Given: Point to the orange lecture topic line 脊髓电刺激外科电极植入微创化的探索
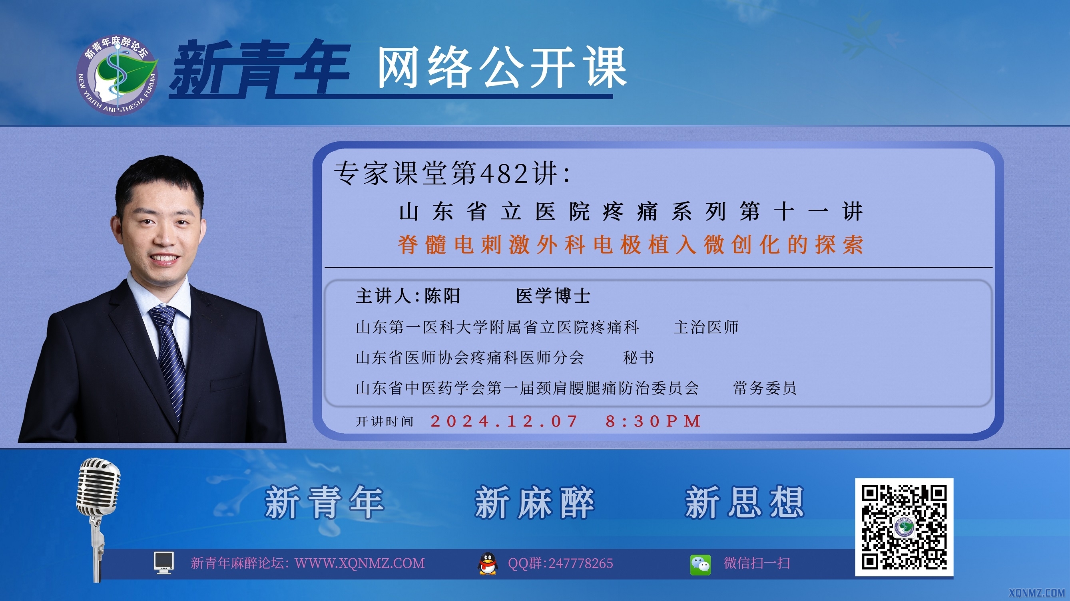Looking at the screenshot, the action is (x=631, y=244).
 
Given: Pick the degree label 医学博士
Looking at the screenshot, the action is (x=553, y=296).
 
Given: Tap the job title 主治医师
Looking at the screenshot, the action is (x=706, y=327).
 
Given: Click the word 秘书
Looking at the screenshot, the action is (x=639, y=357).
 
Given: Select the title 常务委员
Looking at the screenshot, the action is (x=765, y=388).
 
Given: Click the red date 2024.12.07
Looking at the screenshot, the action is (x=504, y=421).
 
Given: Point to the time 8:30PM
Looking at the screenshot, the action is (x=654, y=421).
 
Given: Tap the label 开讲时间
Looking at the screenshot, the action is (x=385, y=422).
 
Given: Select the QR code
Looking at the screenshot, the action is (x=904, y=527).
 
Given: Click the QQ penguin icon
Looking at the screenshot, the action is (x=488, y=563).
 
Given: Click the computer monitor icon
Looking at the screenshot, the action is (x=163, y=563).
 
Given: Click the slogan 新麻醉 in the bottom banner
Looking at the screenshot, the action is (x=535, y=502).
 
